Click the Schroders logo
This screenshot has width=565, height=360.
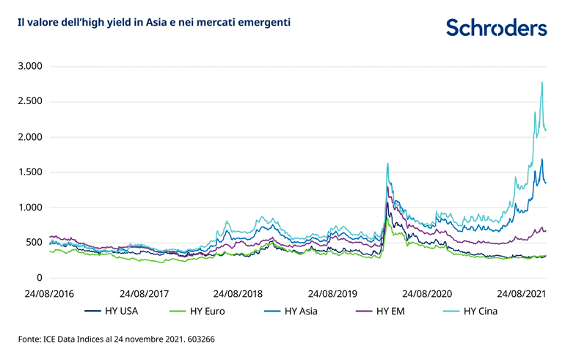click(496, 28)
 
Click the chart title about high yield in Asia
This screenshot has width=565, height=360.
click(153, 23)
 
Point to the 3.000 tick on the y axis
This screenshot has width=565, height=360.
click(31, 67)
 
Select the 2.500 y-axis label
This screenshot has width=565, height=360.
click(31, 102)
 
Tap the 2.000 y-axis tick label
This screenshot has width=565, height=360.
click(31, 137)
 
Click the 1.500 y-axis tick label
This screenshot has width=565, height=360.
click(31, 172)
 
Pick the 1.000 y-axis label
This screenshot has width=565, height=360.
click(31, 207)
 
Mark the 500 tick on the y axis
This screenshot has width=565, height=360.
click(35, 243)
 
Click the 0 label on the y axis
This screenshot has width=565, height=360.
click(40, 278)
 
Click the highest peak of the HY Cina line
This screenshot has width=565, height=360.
click(542, 82)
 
